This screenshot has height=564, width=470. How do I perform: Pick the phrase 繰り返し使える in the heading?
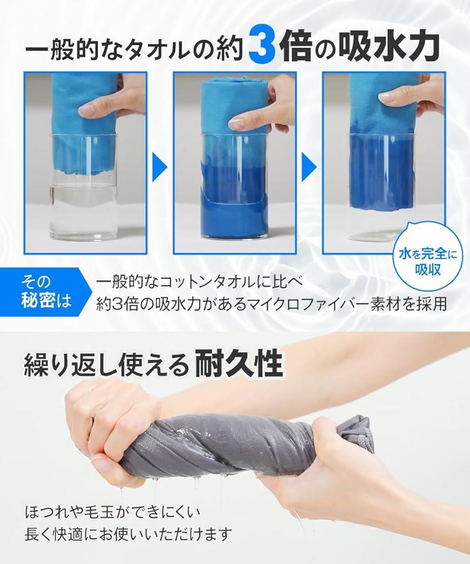click(106, 363)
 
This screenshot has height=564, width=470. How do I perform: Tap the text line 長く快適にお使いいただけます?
click(128, 535)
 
